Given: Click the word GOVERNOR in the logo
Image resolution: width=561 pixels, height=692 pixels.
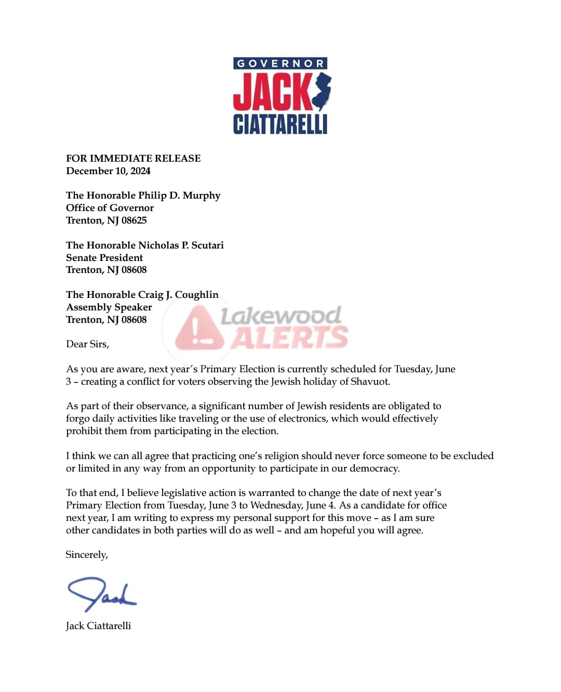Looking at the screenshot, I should [x=280, y=63].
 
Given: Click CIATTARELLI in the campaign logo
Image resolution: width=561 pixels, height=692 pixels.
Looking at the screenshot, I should [x=280, y=124].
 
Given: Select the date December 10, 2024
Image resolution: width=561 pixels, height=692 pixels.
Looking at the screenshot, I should [x=108, y=171].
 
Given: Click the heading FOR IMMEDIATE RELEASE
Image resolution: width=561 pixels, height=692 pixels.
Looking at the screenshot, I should [x=133, y=159].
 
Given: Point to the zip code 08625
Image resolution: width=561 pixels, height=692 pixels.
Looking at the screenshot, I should [x=134, y=220].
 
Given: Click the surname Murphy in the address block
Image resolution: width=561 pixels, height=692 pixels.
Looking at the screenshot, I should [x=202, y=195].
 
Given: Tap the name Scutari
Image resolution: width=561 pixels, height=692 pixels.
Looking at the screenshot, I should [x=207, y=245].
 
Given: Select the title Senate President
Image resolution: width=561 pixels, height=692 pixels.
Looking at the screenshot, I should [x=104, y=258].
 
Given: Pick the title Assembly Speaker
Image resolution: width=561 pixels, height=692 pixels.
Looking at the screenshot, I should [x=109, y=307].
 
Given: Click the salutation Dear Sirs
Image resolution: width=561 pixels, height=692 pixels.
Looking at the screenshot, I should [x=87, y=344].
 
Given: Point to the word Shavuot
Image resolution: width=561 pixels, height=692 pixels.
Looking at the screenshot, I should [x=369, y=382].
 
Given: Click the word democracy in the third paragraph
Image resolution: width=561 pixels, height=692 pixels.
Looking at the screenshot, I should [x=374, y=468].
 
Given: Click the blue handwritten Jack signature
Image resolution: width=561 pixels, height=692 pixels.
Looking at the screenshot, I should [x=102, y=594].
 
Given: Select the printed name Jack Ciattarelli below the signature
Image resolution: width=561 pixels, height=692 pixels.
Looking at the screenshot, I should [x=98, y=626].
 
